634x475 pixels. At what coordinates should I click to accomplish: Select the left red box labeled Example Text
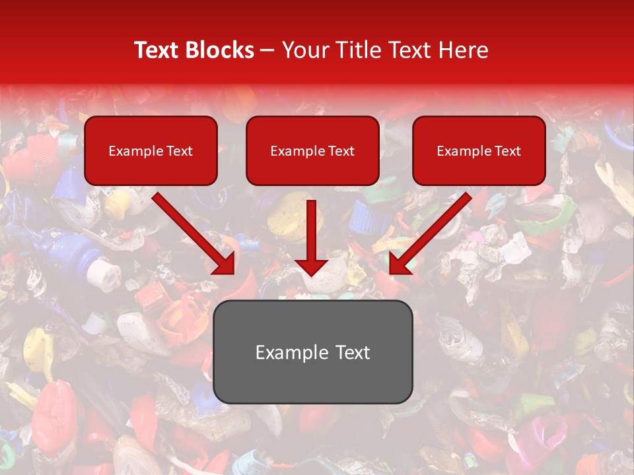click(x=151, y=151)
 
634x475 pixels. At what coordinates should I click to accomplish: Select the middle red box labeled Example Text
click(x=312, y=151)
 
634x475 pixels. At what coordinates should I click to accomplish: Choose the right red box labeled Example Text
click(x=479, y=151)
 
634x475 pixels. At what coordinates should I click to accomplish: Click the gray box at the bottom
click(x=312, y=352)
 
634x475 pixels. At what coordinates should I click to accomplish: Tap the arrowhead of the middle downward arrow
click(x=312, y=267)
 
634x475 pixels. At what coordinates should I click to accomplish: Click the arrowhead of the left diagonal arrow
click(x=225, y=264)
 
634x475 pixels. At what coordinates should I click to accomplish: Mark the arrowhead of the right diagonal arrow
click(x=400, y=264)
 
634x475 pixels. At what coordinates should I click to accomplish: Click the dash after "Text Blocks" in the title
click(x=267, y=50)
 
